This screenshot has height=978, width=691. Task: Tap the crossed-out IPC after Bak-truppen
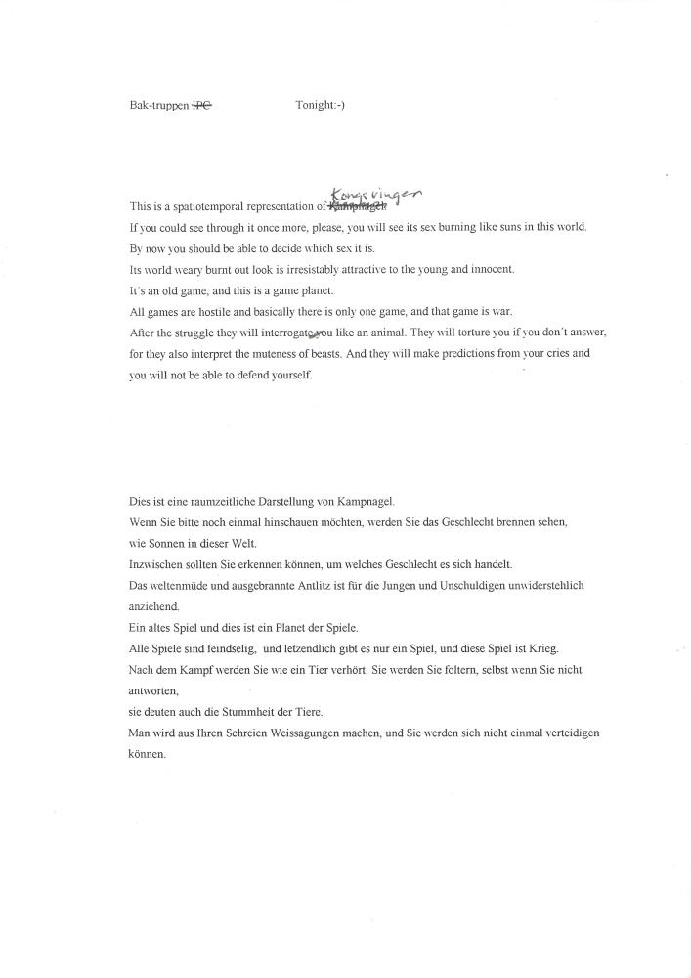201,105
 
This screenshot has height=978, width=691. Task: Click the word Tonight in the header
314,105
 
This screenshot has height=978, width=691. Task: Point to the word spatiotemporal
206,207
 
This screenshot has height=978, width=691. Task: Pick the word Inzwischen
159,564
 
